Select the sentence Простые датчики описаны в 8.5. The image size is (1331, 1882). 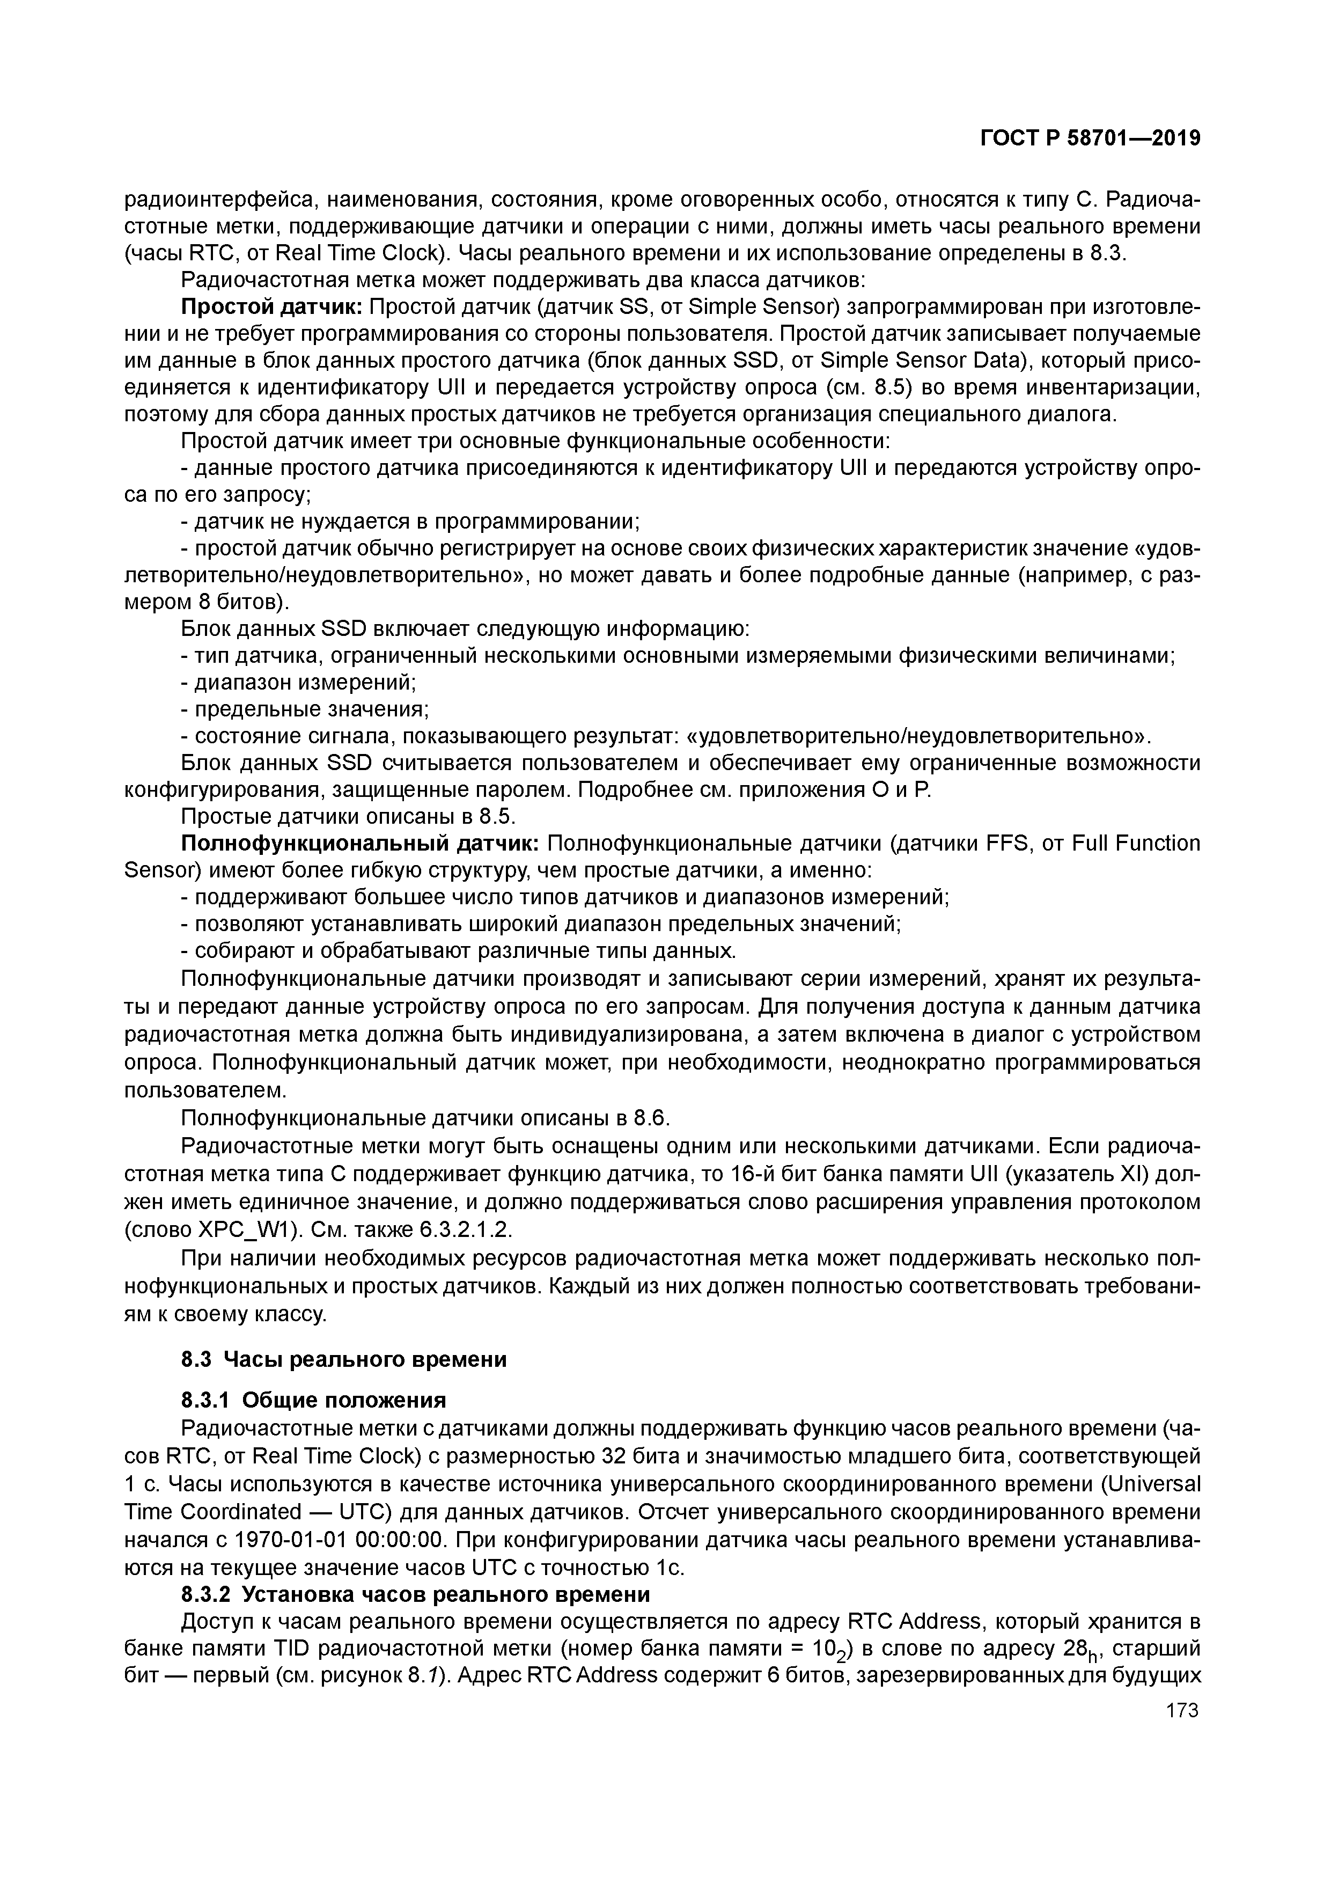(347, 817)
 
